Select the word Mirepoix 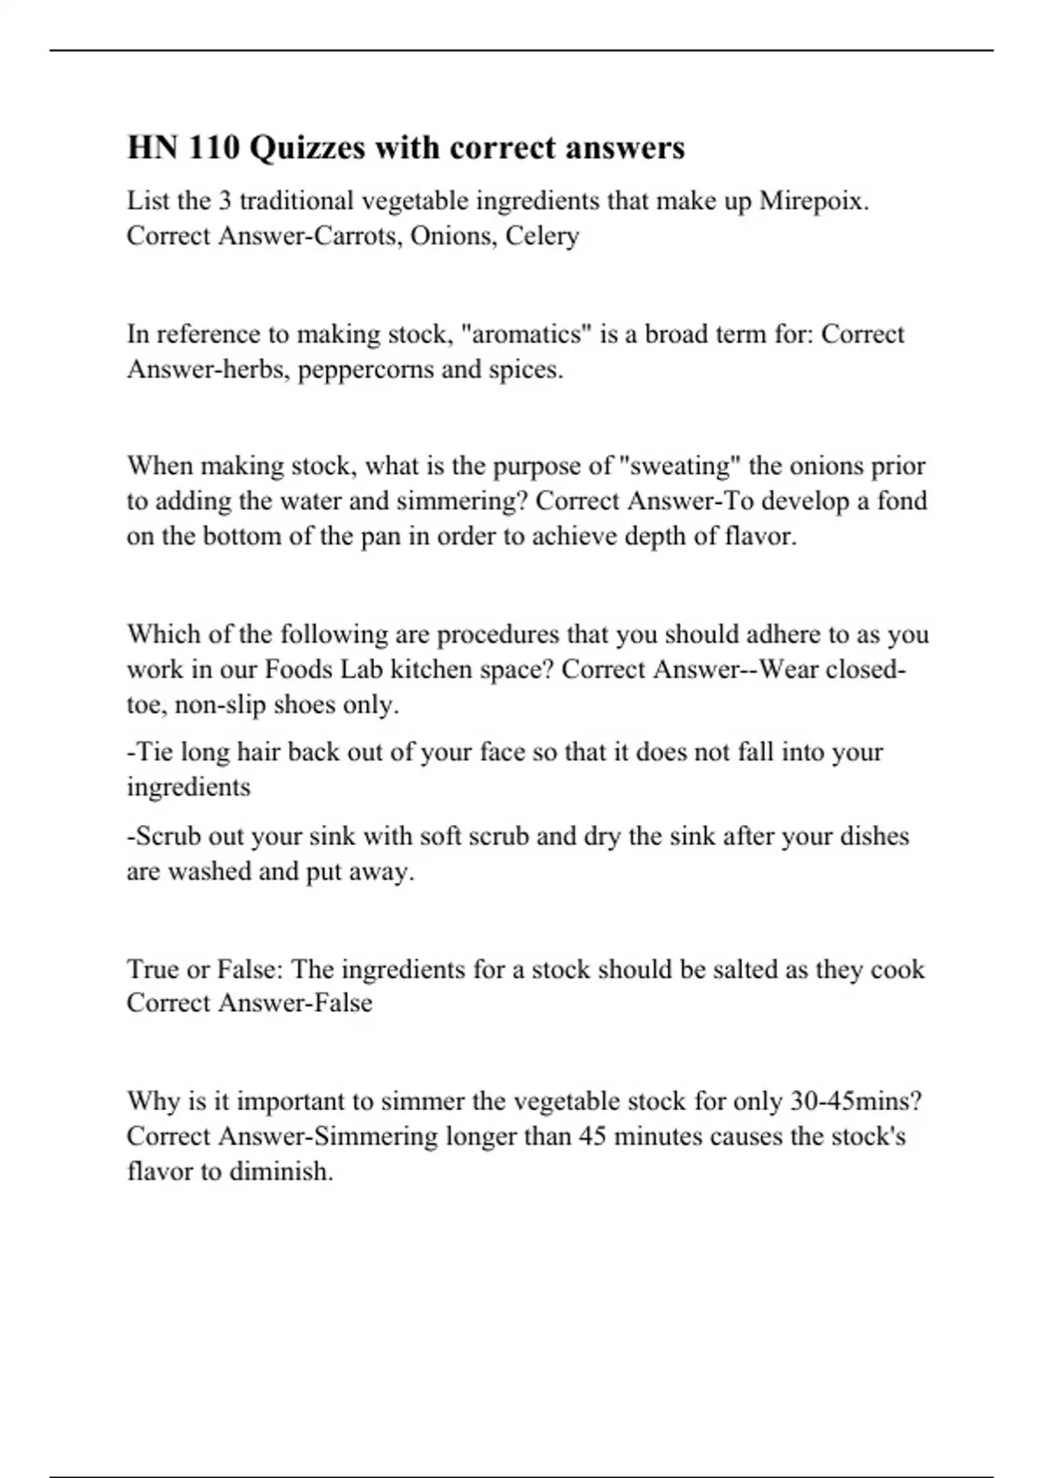pyautogui.click(x=813, y=201)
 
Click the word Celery pyautogui.click(x=542, y=236)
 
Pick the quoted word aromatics pyautogui.click(x=526, y=335)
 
